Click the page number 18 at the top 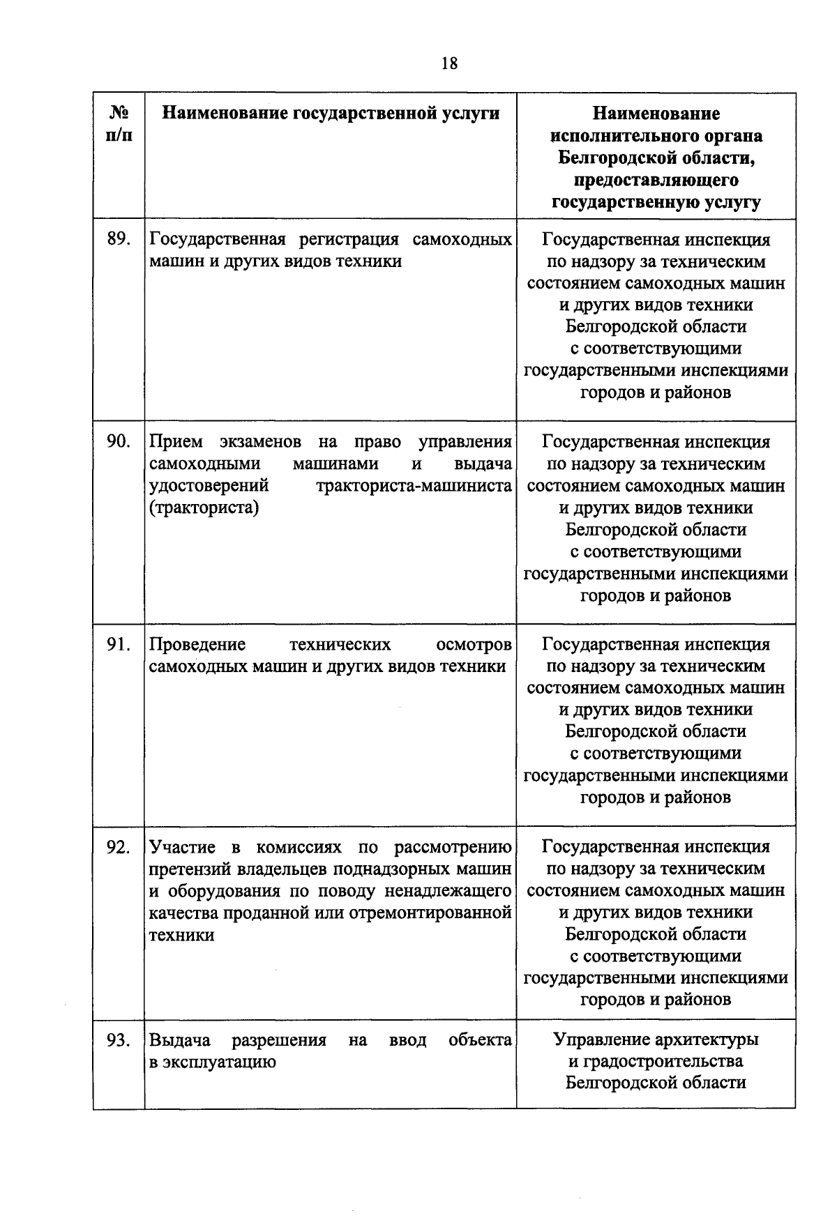(449, 64)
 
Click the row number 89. (119, 239)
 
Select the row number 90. (119, 441)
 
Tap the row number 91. (119, 644)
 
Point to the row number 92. (119, 847)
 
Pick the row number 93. (119, 1040)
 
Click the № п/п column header (119, 123)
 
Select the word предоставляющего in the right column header (656, 180)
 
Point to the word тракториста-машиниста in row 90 (414, 485)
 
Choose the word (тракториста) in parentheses (204, 508)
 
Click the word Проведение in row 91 (197, 644)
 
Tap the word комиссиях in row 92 (299, 847)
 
